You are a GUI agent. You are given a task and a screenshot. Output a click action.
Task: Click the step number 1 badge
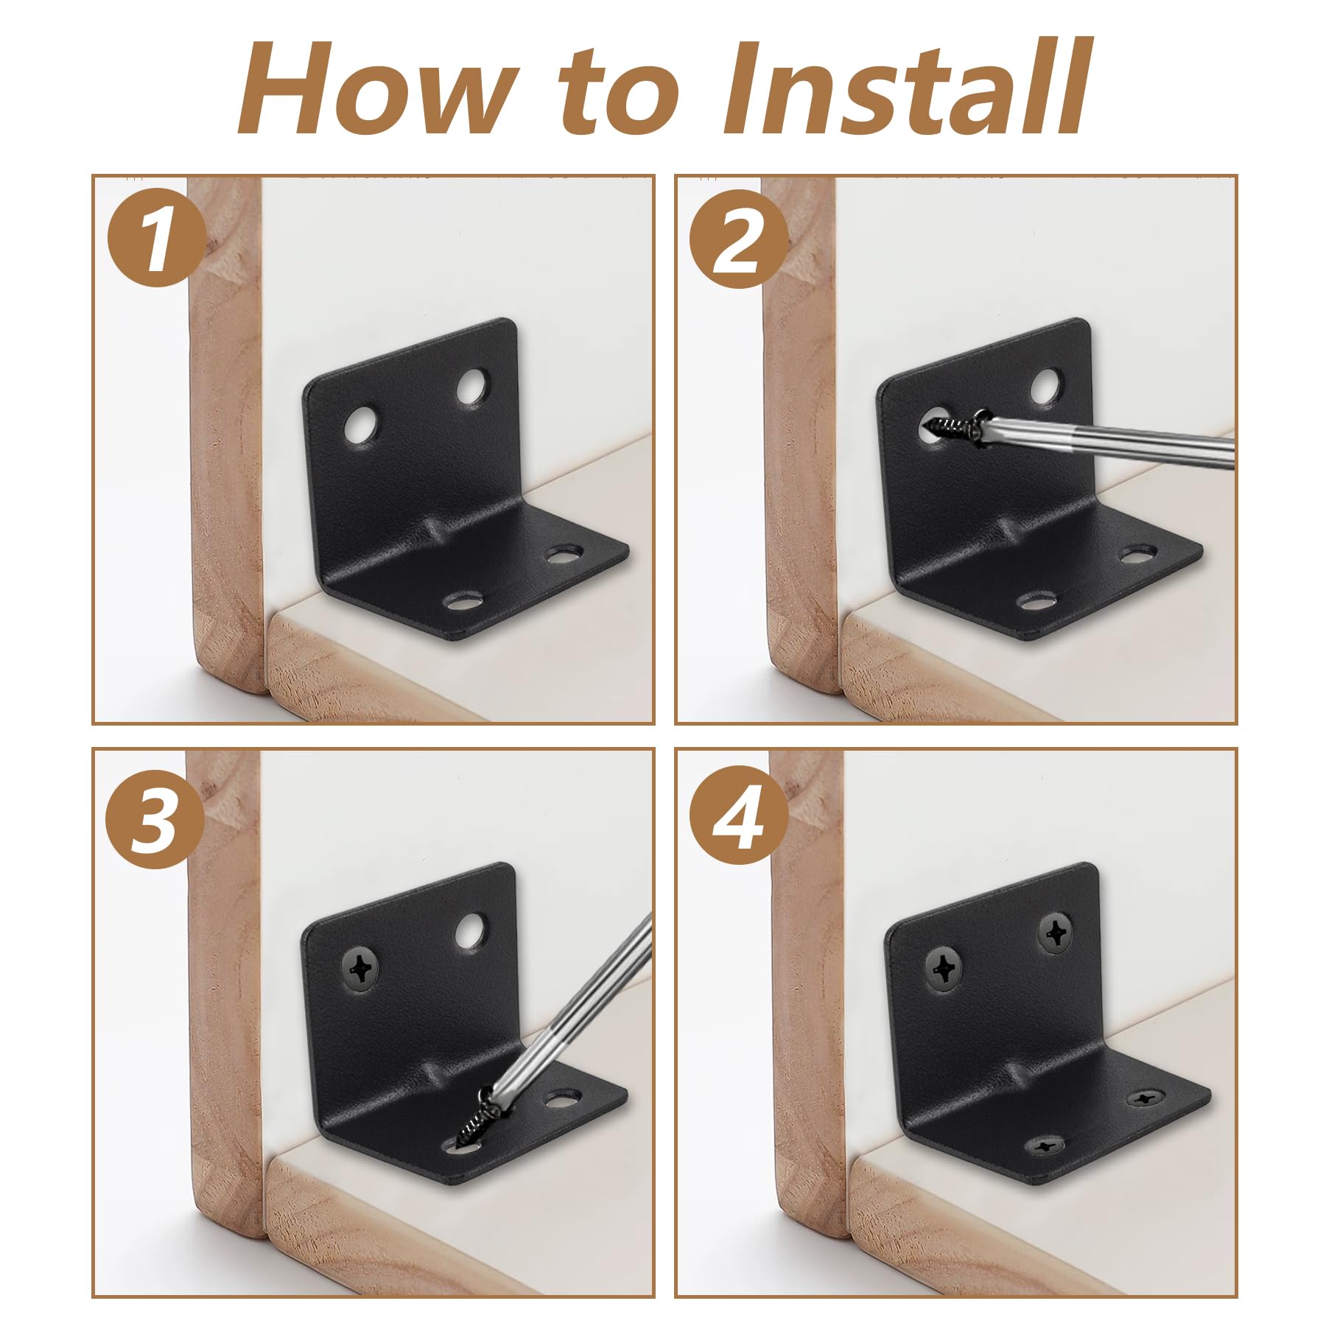coord(156,237)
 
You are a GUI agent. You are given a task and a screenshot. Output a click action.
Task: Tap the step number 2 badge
coord(739,237)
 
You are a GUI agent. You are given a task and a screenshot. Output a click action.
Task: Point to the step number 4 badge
coord(739,820)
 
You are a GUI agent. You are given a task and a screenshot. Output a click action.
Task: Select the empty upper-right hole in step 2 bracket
coord(1047,386)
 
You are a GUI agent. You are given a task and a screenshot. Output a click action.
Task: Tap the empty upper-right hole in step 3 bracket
coord(471,931)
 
